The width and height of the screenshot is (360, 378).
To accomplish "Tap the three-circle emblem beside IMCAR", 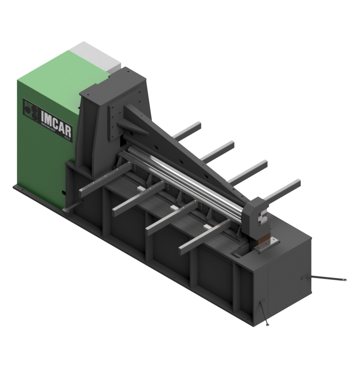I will pos(31,107).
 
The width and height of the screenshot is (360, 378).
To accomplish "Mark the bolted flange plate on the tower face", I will pos(115,120).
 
